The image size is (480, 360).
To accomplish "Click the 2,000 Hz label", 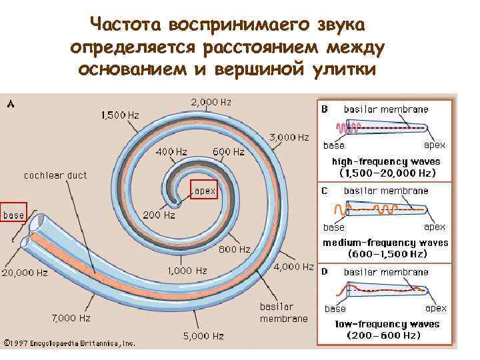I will [211, 102].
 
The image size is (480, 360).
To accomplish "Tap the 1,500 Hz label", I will [120, 115].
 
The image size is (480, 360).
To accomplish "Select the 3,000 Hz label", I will [289, 137].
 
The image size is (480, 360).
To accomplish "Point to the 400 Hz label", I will [171, 151].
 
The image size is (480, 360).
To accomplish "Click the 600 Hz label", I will [229, 151].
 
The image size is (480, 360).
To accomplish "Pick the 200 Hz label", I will [159, 215].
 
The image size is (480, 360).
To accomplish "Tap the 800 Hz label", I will [235, 249].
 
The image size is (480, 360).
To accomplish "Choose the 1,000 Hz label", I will [186, 270].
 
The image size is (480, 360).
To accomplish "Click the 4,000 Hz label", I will [294, 267].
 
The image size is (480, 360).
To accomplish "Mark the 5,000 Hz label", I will [203, 335].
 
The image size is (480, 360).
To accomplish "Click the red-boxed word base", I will [13, 215].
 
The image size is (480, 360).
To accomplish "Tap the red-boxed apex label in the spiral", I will [205, 191].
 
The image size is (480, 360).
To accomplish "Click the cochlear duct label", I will [55, 175].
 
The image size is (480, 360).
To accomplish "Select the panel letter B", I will [325, 109].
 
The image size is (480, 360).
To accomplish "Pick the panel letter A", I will [10, 103].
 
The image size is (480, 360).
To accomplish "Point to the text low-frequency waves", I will [388, 324].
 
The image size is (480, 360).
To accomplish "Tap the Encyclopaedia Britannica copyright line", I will [70, 343].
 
